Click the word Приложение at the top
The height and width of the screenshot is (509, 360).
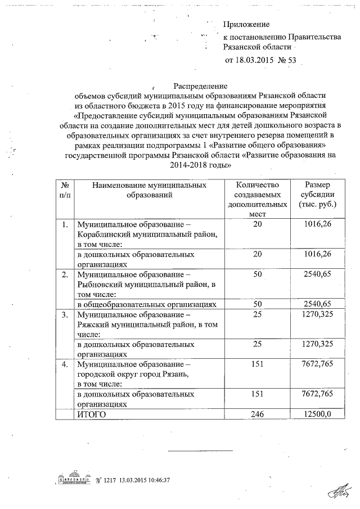click(246, 24)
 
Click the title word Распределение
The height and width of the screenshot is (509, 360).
click(200, 87)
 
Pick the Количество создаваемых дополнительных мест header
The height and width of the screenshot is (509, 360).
click(257, 199)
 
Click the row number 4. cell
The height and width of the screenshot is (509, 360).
click(65, 364)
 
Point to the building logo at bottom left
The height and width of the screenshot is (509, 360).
click(74, 479)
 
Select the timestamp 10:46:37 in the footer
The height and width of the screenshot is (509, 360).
click(156, 480)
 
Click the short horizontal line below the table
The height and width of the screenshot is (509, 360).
click(201, 451)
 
